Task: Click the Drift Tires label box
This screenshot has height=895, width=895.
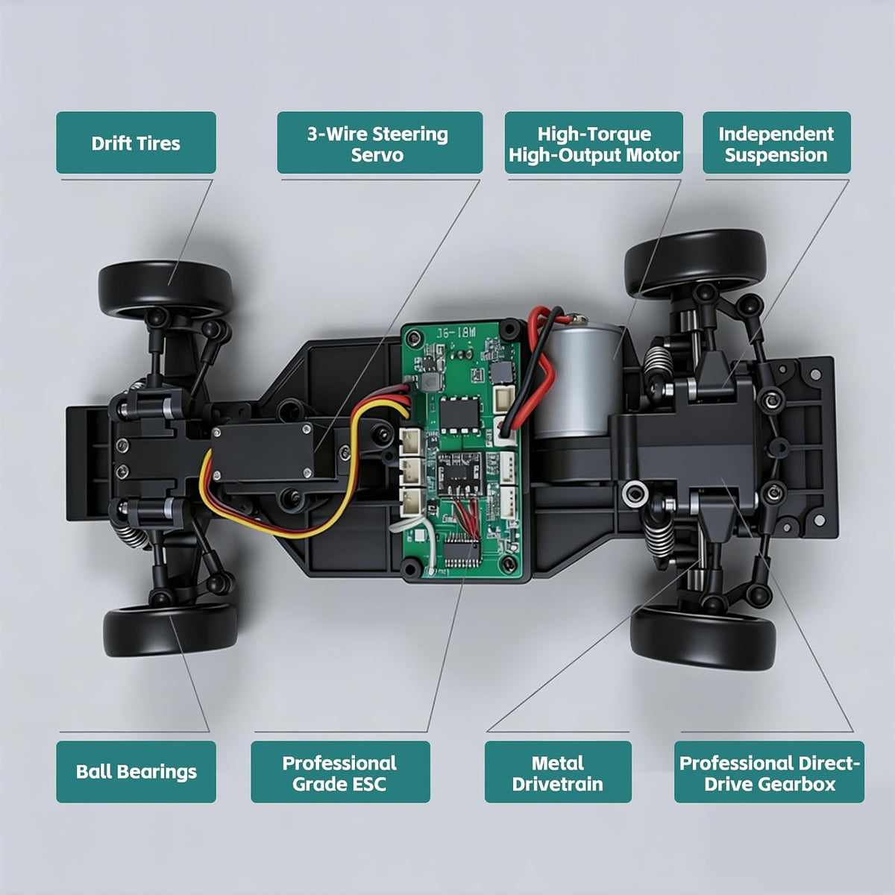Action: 136,142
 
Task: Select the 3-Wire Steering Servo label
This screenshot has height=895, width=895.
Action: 380,142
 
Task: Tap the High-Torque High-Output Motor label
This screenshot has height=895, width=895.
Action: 594,142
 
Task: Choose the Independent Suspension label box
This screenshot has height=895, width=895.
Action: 776,142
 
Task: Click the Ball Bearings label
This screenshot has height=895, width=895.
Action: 136,771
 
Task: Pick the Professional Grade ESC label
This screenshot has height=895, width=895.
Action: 340,771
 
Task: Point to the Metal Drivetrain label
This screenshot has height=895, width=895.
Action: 558,771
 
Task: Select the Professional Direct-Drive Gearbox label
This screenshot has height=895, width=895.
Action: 769,771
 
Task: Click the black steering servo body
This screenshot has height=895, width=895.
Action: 263,453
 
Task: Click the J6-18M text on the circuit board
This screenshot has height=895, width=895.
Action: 456,333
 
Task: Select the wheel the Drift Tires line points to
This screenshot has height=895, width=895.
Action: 166,289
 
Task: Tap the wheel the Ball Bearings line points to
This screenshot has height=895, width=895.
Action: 170,630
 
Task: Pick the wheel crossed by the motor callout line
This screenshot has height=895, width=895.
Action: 695,263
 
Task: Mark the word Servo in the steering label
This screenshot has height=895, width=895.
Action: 377,154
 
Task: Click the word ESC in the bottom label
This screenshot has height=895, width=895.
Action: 368,784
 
